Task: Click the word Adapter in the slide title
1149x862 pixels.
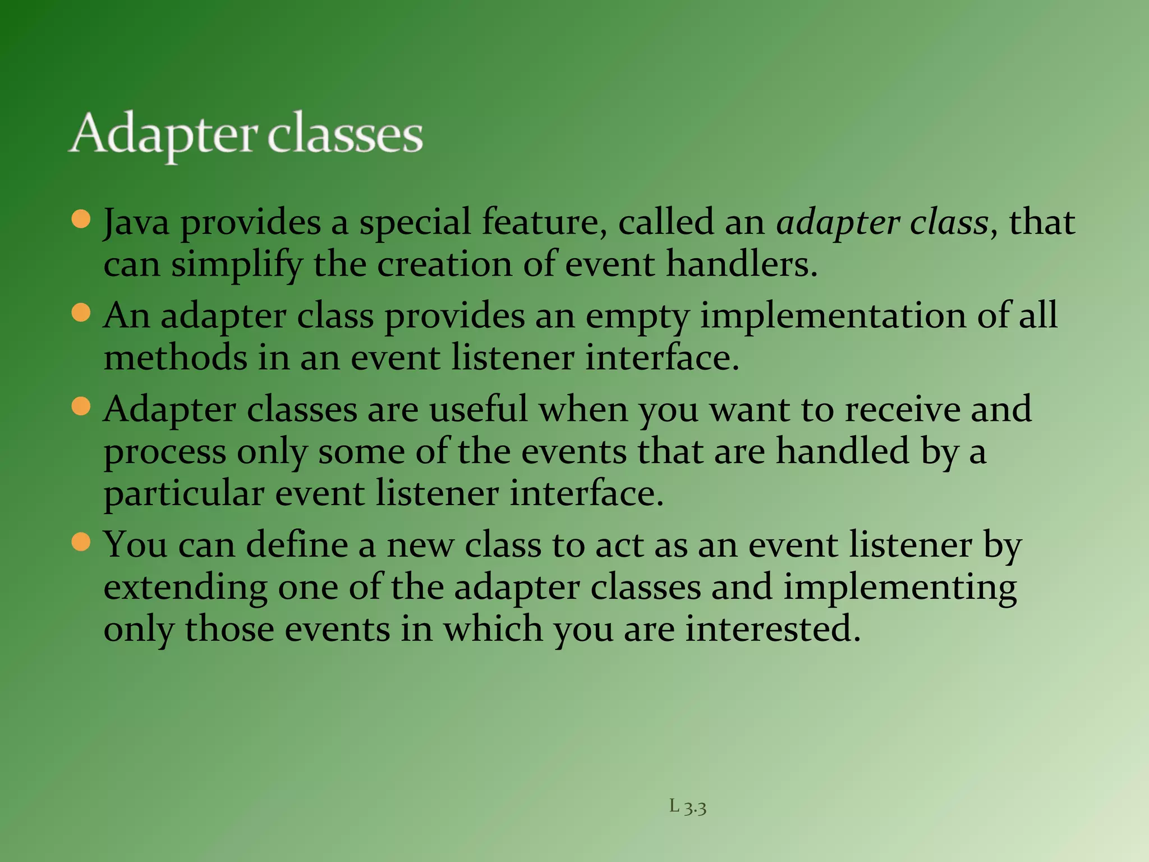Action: [164, 135]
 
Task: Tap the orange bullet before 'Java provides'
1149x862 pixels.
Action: [81, 219]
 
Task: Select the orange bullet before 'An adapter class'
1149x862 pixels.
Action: [81, 313]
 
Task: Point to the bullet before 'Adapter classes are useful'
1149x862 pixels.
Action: [81, 406]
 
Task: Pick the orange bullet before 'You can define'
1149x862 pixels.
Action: [81, 542]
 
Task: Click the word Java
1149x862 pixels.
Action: [136, 222]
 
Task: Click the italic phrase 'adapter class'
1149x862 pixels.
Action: [882, 222]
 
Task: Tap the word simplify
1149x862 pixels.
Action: [236, 264]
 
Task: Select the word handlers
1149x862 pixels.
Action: [742, 264]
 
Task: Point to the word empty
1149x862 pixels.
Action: [637, 316]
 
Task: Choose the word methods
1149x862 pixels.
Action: [175, 357]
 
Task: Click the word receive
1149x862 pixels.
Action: [903, 409]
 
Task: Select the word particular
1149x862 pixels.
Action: [183, 494]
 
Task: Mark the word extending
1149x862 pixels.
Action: [185, 588]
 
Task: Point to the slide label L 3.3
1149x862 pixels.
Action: [688, 807]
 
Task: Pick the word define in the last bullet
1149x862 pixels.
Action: [297, 545]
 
